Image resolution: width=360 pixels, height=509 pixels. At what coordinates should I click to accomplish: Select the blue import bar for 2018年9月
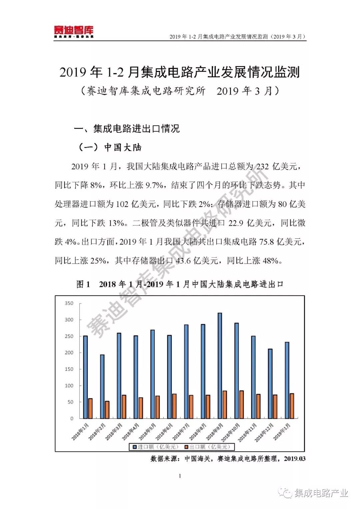tap(220, 365)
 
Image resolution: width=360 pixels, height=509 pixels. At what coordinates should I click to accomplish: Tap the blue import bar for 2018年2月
tap(102, 386)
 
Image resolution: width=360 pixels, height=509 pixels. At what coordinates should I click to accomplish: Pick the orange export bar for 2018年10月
tap(242, 404)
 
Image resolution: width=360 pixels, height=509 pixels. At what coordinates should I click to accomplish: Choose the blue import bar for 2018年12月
tap(270, 383)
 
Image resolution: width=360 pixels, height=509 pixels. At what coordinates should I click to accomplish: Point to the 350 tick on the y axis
tap(69, 303)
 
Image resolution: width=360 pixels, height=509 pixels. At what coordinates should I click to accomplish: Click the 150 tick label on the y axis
tap(69, 369)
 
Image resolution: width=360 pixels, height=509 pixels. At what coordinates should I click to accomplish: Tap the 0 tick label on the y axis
tap(72, 419)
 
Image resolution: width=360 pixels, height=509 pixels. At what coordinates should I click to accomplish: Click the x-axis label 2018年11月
tap(248, 432)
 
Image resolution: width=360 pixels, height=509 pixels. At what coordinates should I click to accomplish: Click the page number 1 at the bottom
tap(180, 476)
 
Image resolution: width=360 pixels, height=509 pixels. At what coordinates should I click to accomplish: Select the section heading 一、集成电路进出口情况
tap(127, 129)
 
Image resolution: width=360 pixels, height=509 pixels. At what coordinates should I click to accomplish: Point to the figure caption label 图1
tap(83, 284)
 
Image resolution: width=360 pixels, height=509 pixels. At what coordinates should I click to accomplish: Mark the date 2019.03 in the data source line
tap(295, 459)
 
